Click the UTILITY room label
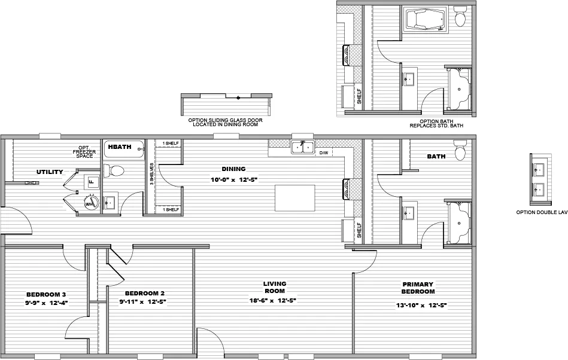click(50, 172)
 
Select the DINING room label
click(233, 169)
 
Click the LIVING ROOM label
click(275, 287)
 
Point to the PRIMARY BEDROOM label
click(418, 288)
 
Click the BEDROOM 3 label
click(46, 294)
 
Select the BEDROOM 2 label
click(144, 293)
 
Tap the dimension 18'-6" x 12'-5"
click(273, 300)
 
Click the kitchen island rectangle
click(295, 197)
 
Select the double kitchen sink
click(303, 147)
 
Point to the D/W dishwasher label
click(323, 153)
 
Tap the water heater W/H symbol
click(90, 203)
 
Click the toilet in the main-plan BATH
click(460, 151)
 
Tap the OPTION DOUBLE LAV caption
click(542, 212)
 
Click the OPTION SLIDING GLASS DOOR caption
click(226, 122)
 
